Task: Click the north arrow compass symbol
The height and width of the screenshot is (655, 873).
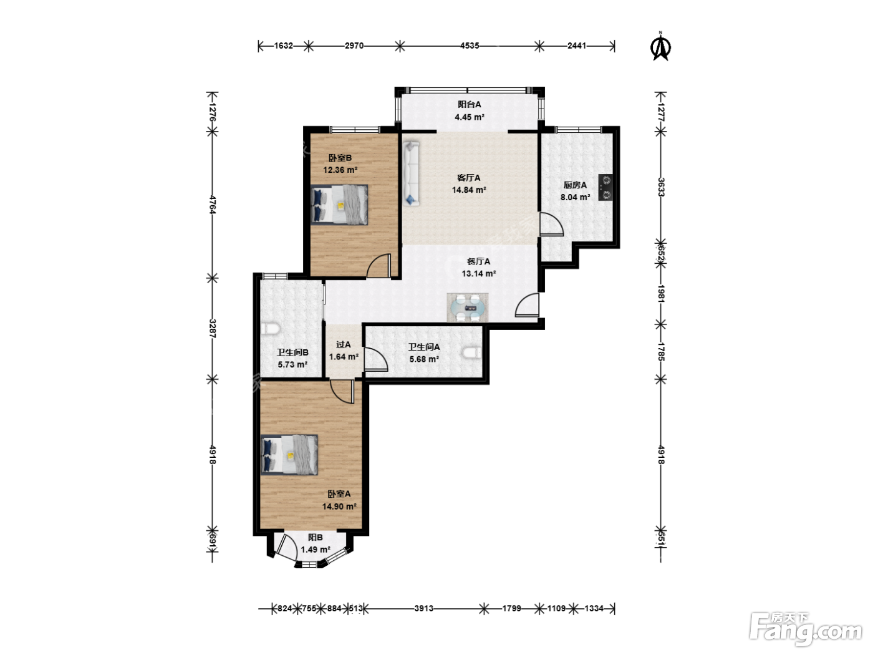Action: (x=660, y=47)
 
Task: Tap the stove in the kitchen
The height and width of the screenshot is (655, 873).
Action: (x=605, y=187)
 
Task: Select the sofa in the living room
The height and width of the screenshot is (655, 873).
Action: (x=411, y=174)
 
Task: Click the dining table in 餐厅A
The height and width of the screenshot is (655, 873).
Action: (x=468, y=308)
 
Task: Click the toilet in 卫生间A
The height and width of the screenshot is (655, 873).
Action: (x=473, y=352)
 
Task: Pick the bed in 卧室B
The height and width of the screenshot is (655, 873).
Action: (x=339, y=205)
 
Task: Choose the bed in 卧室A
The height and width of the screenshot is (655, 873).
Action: (x=289, y=455)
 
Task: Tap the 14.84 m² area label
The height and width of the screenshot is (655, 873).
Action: (x=469, y=190)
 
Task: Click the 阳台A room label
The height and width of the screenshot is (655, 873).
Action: (x=470, y=104)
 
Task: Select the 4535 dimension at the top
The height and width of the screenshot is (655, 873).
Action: (x=470, y=46)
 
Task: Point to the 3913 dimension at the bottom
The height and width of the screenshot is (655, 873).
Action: (x=423, y=608)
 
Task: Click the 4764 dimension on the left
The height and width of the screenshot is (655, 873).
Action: (x=213, y=205)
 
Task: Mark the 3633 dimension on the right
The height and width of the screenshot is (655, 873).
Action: (x=660, y=187)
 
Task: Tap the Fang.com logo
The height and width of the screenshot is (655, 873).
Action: (x=806, y=629)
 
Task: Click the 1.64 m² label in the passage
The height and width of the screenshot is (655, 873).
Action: (x=344, y=357)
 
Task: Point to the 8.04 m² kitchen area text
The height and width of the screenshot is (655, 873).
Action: (x=575, y=197)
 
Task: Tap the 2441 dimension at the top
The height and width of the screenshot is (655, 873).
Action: (x=577, y=46)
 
